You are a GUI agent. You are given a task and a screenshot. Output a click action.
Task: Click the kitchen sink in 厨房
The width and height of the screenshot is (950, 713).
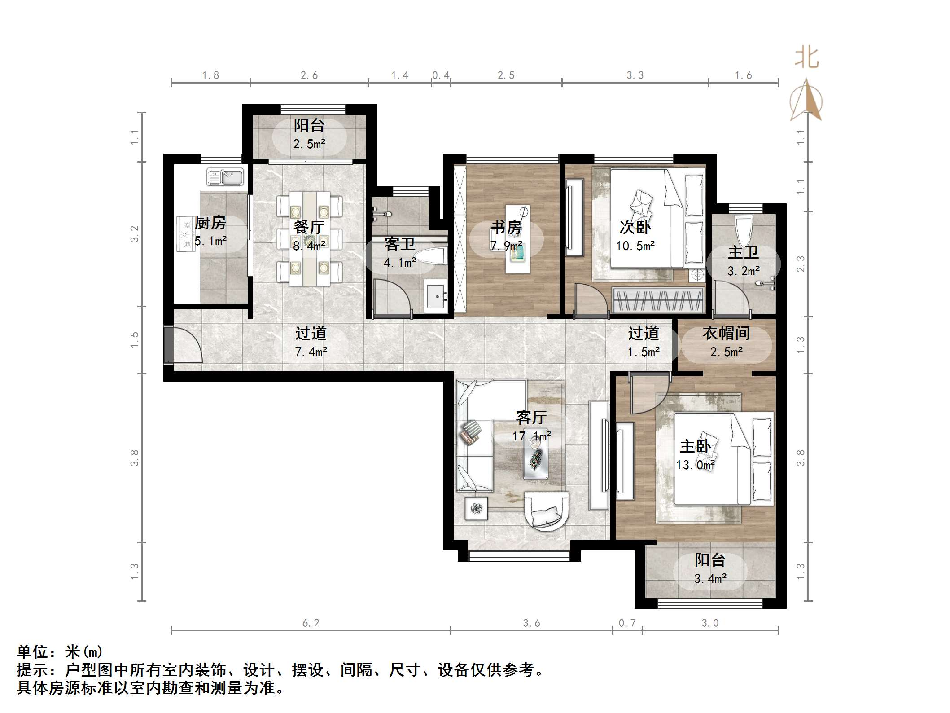pyautogui.click(x=225, y=177)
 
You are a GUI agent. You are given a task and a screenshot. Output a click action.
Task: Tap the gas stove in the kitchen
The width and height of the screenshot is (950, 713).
pyautogui.click(x=185, y=233)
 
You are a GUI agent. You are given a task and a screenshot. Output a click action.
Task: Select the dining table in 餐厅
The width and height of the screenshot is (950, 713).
pyautogui.click(x=310, y=239)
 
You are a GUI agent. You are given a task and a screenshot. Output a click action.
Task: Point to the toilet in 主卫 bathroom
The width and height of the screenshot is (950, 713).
pyautogui.click(x=744, y=229)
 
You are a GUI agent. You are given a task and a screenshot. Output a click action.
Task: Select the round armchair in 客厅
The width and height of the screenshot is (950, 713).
pyautogui.click(x=547, y=511)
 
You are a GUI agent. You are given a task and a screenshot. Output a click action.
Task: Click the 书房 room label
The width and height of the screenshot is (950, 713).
pyautogui.click(x=506, y=227)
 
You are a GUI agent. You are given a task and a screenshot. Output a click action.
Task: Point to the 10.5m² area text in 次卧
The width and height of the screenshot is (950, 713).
pyautogui.click(x=635, y=246)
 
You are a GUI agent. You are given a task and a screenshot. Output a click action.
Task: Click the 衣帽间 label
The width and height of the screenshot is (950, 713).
pyautogui.click(x=726, y=333)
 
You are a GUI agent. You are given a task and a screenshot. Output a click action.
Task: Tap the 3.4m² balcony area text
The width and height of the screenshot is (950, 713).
pyautogui.click(x=710, y=579)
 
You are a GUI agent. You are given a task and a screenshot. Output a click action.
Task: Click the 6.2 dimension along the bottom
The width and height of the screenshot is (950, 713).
pyautogui.click(x=311, y=623)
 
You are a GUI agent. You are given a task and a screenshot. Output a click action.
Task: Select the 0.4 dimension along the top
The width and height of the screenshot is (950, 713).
pyautogui.click(x=441, y=75)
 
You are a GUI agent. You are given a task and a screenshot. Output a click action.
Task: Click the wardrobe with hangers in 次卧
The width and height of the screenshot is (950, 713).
pyautogui.click(x=658, y=300)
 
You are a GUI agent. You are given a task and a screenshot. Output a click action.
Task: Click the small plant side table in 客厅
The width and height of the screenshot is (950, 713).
pyautogui.click(x=476, y=509)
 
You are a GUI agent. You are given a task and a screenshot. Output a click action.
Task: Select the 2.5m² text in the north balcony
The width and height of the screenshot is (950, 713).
pyautogui.click(x=309, y=144)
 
